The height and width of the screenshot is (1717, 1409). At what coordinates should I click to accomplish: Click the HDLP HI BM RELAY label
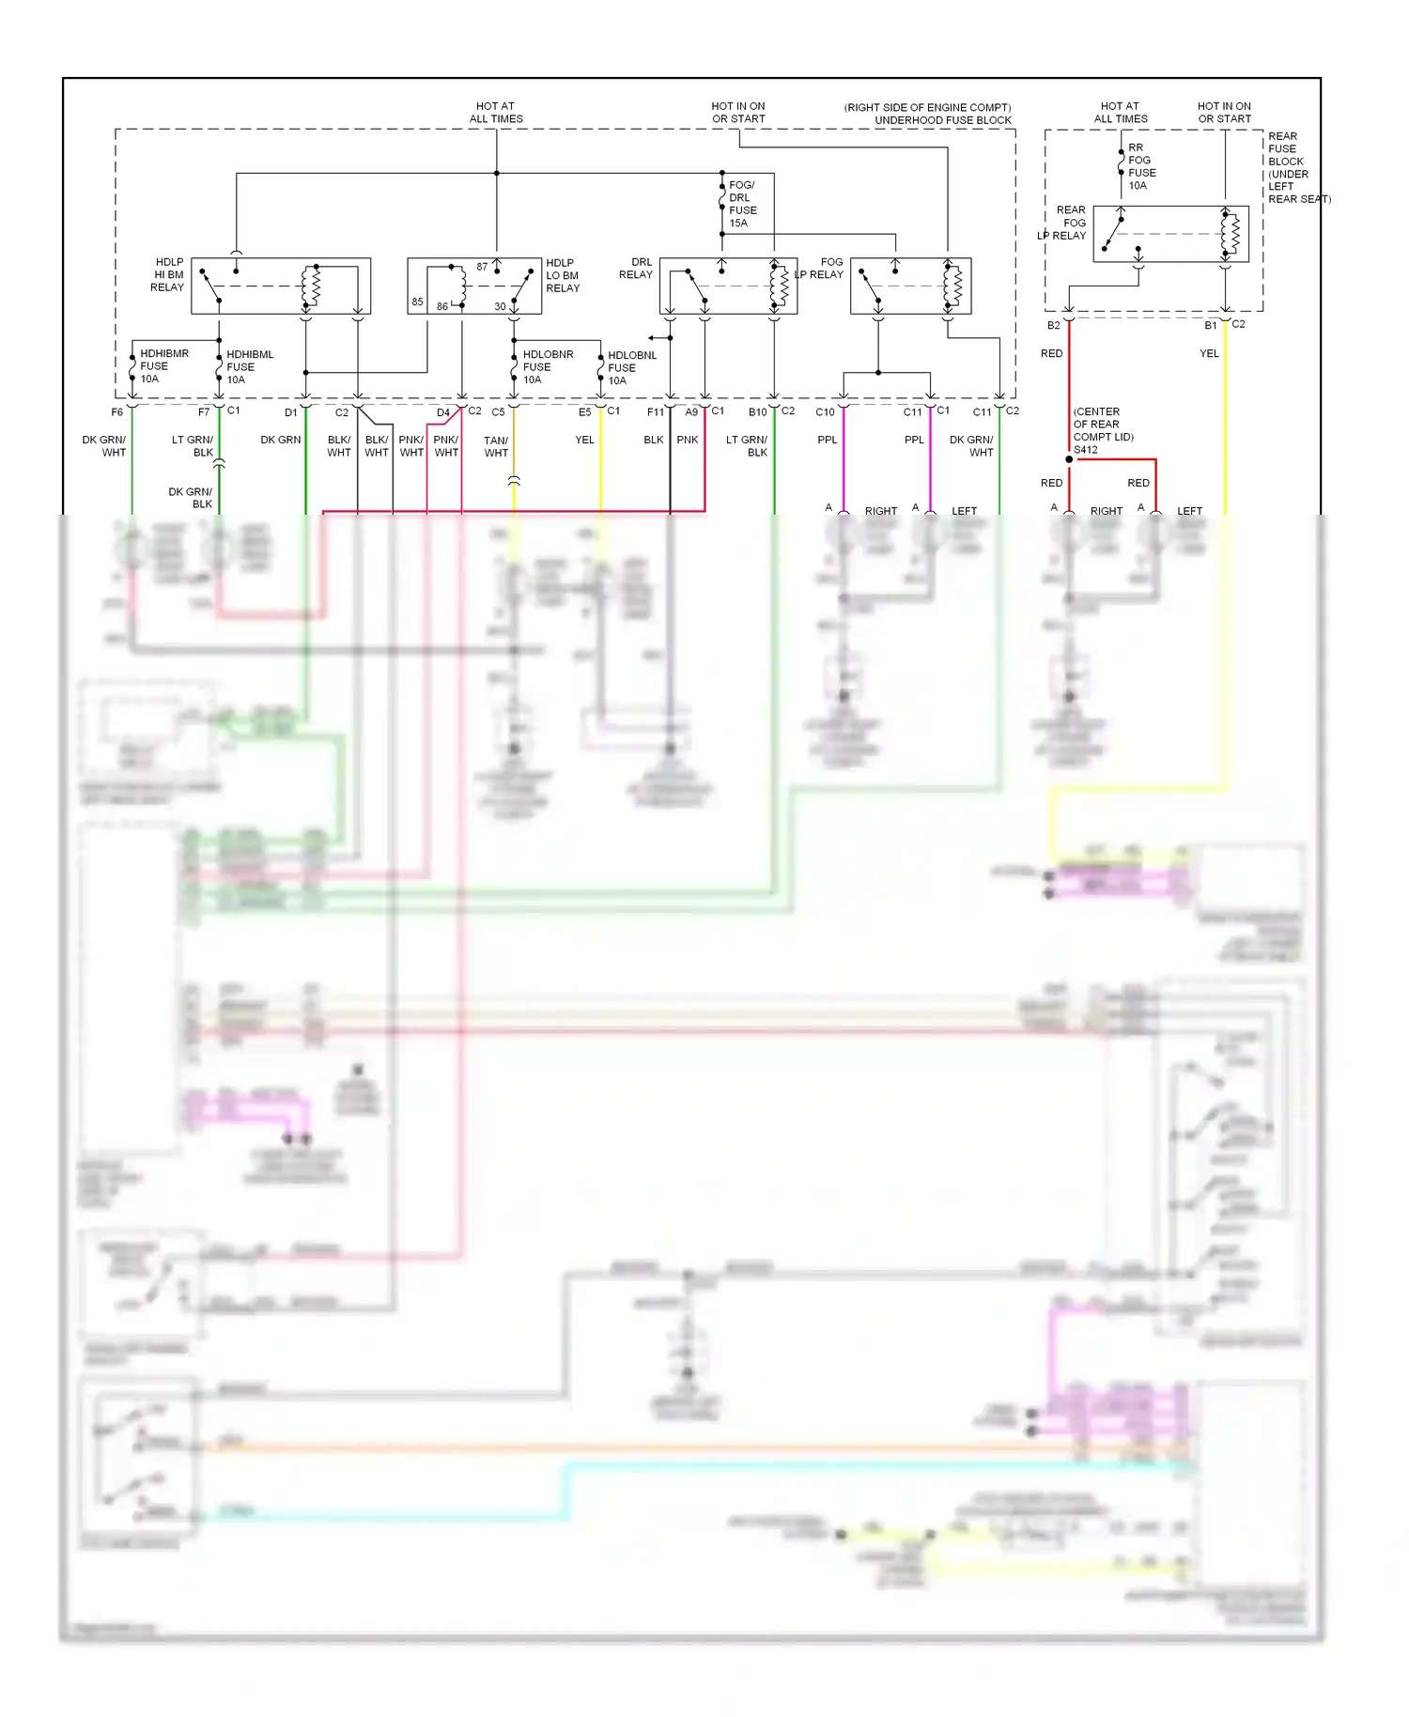pyautogui.click(x=168, y=275)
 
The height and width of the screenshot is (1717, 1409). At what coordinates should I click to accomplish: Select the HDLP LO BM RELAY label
pyautogui.click(x=562, y=275)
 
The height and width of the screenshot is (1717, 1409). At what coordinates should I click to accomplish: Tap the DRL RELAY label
pyautogui.click(x=636, y=269)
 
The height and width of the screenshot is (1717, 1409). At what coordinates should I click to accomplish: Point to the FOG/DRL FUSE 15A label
pyautogui.click(x=742, y=204)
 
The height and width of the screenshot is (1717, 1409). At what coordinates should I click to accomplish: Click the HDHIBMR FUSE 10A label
pyautogui.click(x=163, y=366)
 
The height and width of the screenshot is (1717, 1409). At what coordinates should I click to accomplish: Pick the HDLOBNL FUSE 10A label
pyautogui.click(x=631, y=368)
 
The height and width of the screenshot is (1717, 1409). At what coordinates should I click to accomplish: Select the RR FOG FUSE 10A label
pyautogui.click(x=1141, y=166)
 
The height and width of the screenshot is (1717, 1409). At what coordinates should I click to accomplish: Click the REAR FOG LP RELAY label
pyautogui.click(x=1064, y=223)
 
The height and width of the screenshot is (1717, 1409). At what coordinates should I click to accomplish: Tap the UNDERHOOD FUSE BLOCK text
pyautogui.click(x=942, y=120)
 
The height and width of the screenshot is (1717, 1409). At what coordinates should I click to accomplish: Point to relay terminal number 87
pyautogui.click(x=482, y=267)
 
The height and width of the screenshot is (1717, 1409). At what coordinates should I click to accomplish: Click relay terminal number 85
pyautogui.click(x=417, y=302)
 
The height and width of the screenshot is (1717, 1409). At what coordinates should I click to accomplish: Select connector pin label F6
pyautogui.click(x=117, y=412)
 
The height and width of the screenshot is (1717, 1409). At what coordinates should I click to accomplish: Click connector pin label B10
pyautogui.click(x=757, y=412)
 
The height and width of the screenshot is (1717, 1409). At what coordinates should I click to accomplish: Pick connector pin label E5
pyautogui.click(x=584, y=412)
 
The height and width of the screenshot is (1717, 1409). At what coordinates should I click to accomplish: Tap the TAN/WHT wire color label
pyautogui.click(x=496, y=446)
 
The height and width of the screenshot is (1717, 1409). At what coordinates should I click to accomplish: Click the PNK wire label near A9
pyautogui.click(x=688, y=440)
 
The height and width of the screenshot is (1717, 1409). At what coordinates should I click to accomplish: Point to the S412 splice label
pyautogui.click(x=1086, y=450)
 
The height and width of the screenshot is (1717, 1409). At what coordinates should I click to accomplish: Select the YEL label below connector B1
pyautogui.click(x=1209, y=354)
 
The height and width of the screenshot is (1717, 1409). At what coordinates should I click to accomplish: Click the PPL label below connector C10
pyautogui.click(x=827, y=440)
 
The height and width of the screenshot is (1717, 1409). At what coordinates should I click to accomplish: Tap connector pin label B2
pyautogui.click(x=1053, y=326)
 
